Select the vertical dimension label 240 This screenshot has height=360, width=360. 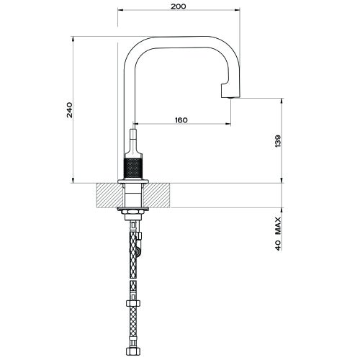click(66, 109)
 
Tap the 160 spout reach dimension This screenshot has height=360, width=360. click(181, 120)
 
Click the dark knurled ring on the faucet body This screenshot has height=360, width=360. click(134, 170)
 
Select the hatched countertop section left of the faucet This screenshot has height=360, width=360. click(107, 194)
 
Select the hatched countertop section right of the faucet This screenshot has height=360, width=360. click(160, 194)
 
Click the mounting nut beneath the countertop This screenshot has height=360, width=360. click(133, 212)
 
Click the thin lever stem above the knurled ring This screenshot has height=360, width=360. click(133, 140)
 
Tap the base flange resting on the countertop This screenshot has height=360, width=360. click(133, 181)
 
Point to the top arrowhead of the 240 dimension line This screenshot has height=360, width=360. click(74, 40)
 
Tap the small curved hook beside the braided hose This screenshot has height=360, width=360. click(140, 248)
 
